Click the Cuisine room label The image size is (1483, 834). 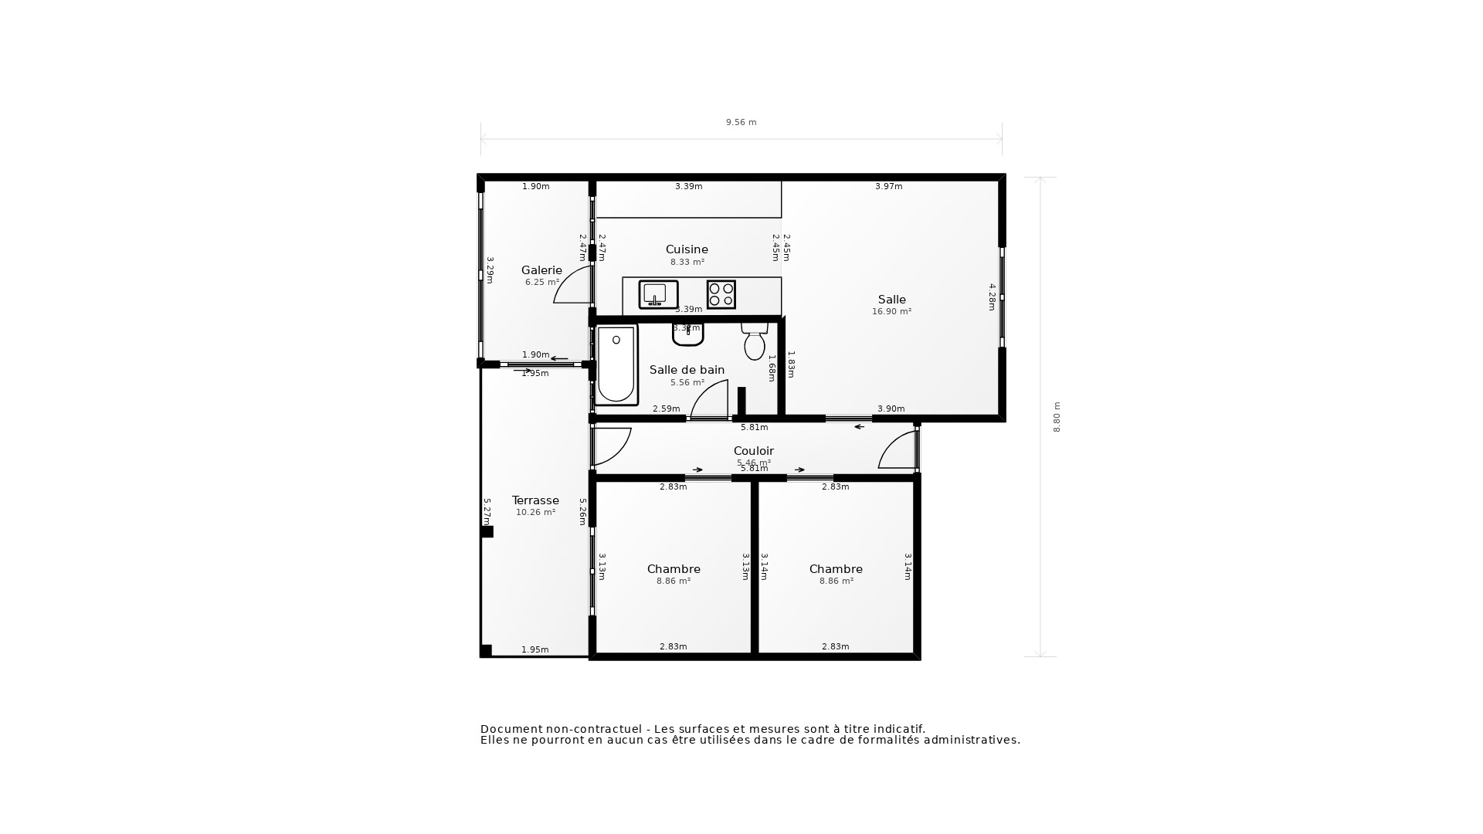pos(687,249)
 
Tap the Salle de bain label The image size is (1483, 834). pos(687,370)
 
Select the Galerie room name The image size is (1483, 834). pos(541,270)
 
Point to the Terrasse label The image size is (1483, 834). pos(535,500)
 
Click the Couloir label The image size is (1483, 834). pos(753,451)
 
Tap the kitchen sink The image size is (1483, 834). pos(658,294)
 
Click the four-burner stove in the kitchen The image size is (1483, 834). pos(721,294)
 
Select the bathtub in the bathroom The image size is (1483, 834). pos(616,364)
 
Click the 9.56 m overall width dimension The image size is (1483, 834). pos(741,122)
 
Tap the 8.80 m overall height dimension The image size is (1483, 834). pos(1057,417)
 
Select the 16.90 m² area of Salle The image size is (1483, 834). pos(891,312)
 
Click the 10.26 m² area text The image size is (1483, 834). pos(535,513)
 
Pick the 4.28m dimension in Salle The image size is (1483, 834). pos(993,297)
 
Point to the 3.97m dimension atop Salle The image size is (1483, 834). pos(888,186)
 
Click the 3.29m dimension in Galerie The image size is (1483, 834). pos(490,270)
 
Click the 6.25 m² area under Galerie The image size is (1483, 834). pos(541,283)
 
